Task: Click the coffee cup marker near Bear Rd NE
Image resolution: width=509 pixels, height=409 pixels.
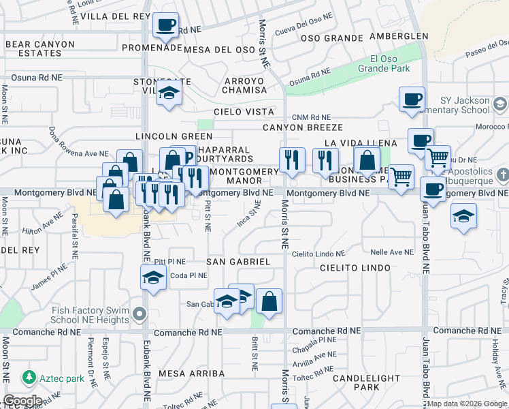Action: pyautogui.click(x=165, y=27)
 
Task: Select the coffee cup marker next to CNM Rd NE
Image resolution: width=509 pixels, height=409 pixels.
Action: pyautogui.click(x=412, y=100)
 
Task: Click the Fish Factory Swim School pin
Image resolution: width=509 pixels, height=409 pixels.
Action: pyautogui.click(x=139, y=314)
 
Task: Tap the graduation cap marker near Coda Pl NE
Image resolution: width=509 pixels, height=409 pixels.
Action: pyautogui.click(x=153, y=277)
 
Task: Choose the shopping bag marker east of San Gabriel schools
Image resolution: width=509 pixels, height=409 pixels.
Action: pyautogui.click(x=269, y=301)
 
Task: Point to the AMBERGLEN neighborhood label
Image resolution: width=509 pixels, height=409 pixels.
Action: pyautogui.click(x=399, y=36)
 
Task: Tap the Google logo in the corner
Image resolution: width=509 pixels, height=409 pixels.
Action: pyautogui.click(x=22, y=401)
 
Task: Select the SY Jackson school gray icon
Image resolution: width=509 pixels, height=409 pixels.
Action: pyautogui.click(x=500, y=104)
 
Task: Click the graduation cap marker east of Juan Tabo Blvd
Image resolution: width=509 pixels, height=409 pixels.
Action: pyautogui.click(x=464, y=216)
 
